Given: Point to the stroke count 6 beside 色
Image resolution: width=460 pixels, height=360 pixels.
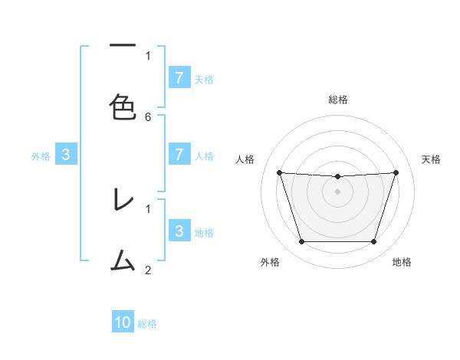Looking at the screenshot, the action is click(x=148, y=116).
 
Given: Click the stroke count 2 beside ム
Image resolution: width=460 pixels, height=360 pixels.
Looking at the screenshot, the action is click(x=148, y=270).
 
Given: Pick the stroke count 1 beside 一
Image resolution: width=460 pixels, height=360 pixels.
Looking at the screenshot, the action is click(x=148, y=55).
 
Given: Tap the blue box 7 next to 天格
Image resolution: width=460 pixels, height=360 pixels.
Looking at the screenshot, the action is click(x=179, y=78).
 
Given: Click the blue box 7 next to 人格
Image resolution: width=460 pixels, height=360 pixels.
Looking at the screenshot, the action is click(x=179, y=155).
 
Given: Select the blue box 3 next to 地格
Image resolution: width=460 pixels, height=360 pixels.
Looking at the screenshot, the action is click(x=179, y=231).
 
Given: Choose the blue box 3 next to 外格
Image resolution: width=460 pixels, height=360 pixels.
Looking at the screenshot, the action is click(x=66, y=155).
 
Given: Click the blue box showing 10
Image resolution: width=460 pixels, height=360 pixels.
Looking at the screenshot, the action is click(x=123, y=322).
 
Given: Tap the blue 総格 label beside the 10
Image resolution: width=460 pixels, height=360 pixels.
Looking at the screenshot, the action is click(x=147, y=324).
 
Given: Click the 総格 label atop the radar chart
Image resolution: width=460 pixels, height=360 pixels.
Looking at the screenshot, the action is click(x=337, y=100).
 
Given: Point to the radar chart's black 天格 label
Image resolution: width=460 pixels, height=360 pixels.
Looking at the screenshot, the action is click(x=431, y=159).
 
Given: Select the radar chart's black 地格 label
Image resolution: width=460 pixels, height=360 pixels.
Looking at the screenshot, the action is click(x=402, y=262).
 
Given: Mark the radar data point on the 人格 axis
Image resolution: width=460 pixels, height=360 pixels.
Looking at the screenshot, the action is click(x=279, y=173).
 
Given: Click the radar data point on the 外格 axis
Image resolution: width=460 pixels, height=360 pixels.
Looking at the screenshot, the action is click(x=301, y=242).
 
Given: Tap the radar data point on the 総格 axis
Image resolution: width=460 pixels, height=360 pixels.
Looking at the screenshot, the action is click(x=337, y=177).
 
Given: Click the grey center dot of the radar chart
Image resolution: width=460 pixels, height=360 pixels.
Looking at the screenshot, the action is click(x=337, y=191).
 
